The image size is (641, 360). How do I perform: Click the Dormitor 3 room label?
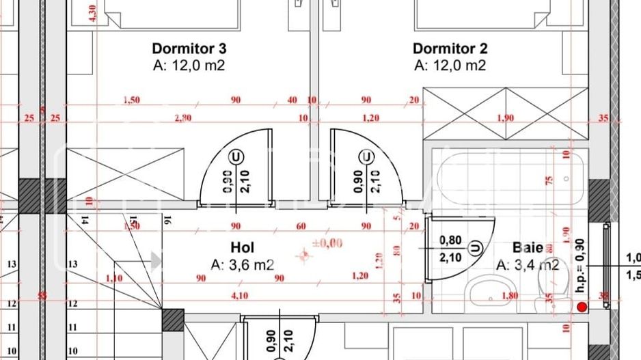[x=189, y=49]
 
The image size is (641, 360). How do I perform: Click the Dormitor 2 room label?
[x=450, y=49]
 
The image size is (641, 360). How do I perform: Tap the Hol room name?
[x=243, y=247]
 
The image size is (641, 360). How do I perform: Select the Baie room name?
[x=528, y=248]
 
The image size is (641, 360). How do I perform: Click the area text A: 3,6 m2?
[x=243, y=264]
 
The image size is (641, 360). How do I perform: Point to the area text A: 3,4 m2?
[x=528, y=265]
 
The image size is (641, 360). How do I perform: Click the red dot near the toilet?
[x=582, y=308]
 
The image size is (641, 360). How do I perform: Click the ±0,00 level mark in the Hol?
[x=327, y=243]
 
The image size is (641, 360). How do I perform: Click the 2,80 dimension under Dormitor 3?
[x=183, y=118]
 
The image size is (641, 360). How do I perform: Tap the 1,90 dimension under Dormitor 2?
[x=505, y=118]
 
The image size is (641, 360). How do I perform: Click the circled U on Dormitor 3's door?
[x=236, y=156]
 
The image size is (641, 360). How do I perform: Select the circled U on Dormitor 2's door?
[x=368, y=156]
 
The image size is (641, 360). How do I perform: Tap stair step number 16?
[x=165, y=220]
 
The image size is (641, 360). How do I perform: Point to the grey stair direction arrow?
[x=155, y=260]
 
